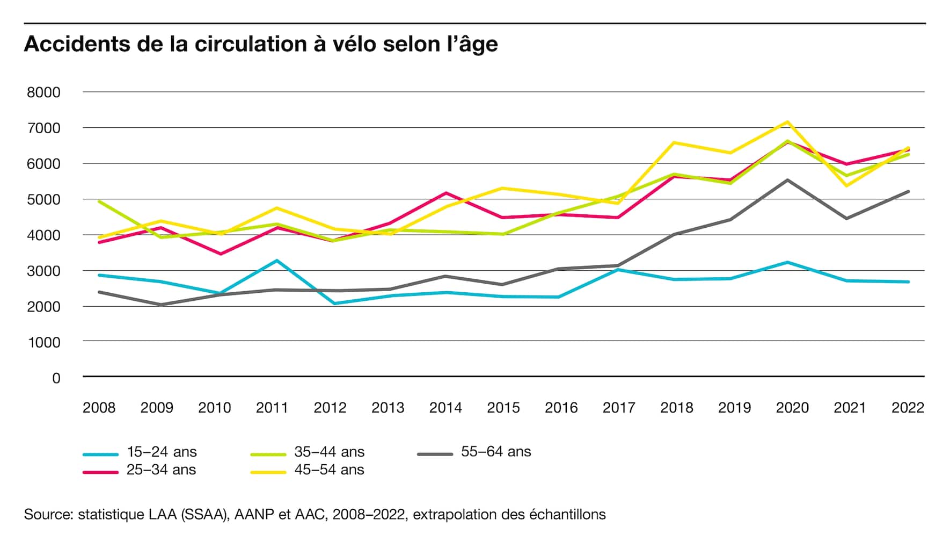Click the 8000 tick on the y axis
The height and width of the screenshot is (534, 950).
click(43, 92)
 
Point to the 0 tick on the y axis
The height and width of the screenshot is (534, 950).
click(56, 378)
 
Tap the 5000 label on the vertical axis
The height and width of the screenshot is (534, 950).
click(43, 200)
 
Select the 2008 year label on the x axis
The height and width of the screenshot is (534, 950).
click(99, 408)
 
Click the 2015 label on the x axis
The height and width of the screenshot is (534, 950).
click(503, 408)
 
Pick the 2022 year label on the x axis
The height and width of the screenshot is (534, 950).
click(908, 408)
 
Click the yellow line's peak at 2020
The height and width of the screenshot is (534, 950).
click(787, 122)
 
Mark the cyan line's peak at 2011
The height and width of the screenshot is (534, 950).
click(277, 261)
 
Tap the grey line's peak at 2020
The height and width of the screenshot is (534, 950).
click(787, 180)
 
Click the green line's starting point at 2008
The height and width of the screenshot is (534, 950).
click(99, 201)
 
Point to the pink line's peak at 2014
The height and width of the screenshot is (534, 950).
click(446, 193)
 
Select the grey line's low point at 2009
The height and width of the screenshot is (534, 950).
click(161, 305)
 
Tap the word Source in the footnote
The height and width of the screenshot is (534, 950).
click(48, 515)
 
